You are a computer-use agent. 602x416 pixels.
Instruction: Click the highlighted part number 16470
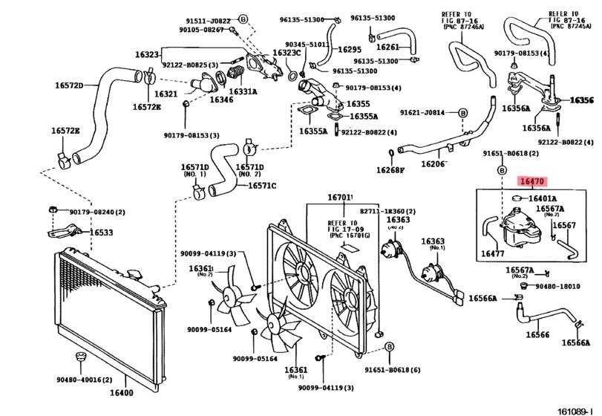(x=533, y=181)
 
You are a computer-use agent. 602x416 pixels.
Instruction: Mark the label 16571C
(x=262, y=186)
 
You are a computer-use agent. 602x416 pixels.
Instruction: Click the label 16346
(x=220, y=99)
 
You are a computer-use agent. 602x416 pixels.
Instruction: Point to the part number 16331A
(x=243, y=91)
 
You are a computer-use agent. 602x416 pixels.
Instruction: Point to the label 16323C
(x=286, y=53)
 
